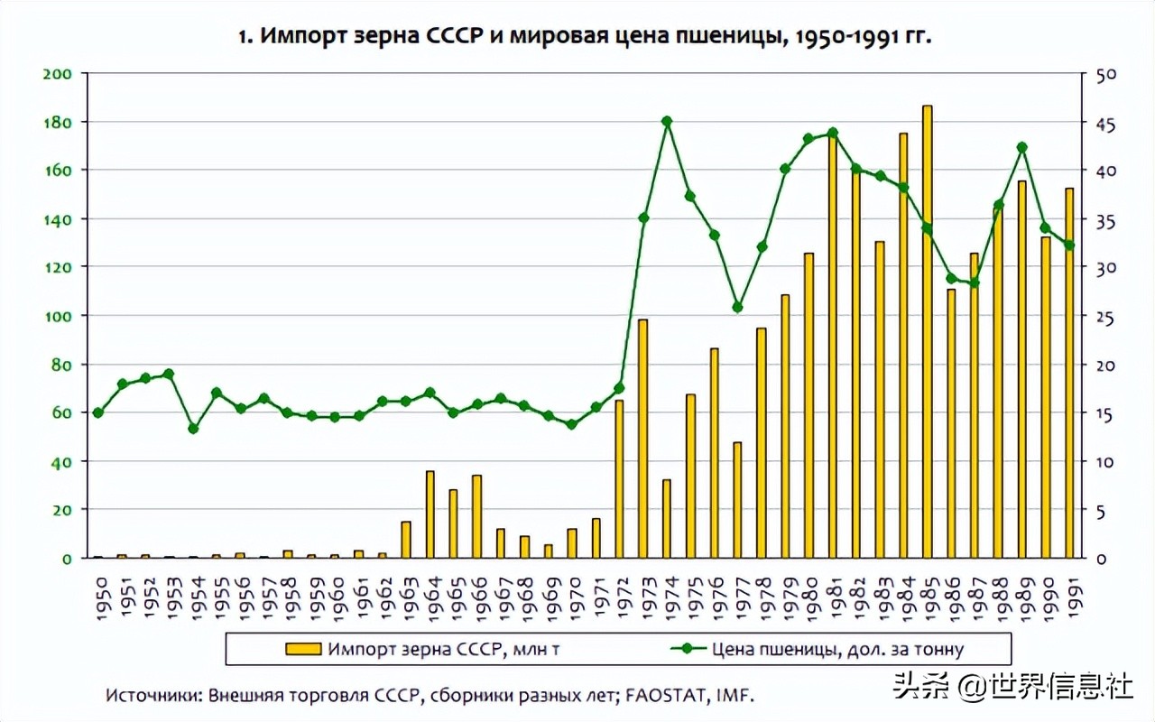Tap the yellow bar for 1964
click(430, 514)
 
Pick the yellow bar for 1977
click(737, 500)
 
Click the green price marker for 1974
click(667, 121)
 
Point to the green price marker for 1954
click(193, 428)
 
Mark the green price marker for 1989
click(1021, 147)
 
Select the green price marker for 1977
click(737, 307)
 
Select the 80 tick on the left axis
click(60, 365)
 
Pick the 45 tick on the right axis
click(1105, 123)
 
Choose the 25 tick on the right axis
click(1105, 317)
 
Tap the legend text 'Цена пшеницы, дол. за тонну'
click(837, 648)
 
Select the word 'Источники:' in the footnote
click(153, 696)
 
